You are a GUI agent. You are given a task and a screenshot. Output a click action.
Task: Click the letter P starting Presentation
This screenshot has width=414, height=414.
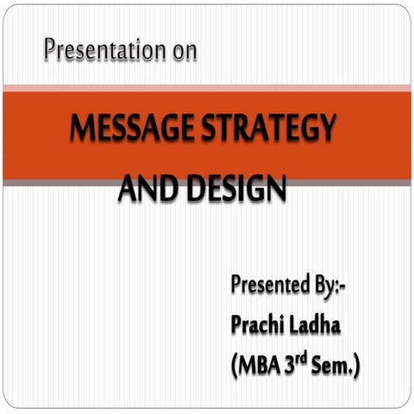point(51,50)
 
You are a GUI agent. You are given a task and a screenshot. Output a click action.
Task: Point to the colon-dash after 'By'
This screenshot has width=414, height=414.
point(348,285)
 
